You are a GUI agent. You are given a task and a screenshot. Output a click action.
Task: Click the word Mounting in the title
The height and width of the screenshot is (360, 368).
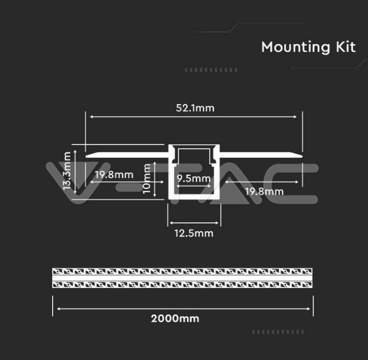click(295, 48)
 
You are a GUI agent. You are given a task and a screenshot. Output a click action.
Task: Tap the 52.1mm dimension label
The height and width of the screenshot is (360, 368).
click(195, 108)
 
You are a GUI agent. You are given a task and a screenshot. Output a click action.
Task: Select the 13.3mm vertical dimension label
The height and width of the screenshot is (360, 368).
click(67, 171)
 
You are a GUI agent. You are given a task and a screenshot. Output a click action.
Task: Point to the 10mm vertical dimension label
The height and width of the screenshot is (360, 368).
click(146, 178)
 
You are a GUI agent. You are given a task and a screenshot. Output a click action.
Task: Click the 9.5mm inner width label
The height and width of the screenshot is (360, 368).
click(193, 178)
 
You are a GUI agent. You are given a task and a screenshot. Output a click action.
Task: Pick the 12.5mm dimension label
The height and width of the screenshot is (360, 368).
click(194, 234)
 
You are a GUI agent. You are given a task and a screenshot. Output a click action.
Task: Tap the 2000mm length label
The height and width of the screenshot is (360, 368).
click(175, 319)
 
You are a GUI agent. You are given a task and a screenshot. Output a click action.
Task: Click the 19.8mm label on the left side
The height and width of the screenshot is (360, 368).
click(114, 175)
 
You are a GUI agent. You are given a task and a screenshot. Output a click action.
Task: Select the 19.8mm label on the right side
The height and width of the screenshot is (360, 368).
click(264, 192)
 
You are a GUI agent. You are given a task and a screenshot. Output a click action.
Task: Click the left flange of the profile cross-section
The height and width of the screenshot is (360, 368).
click(126, 155)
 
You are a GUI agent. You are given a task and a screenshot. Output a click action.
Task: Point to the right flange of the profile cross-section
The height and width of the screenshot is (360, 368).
click(261, 155)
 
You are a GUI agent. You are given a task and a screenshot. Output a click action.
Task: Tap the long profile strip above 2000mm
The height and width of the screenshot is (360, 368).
click(182, 278)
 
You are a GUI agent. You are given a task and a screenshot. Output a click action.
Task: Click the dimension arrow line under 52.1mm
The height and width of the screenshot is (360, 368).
click(193, 116)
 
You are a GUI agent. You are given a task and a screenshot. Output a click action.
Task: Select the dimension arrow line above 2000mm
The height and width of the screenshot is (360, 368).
click(183, 309)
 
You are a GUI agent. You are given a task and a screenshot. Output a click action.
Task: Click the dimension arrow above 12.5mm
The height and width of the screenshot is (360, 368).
click(194, 223)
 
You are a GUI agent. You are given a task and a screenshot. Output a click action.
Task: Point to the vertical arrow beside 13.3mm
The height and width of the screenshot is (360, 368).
click(75, 172)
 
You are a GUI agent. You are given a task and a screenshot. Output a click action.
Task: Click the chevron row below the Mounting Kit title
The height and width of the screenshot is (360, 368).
click(211, 70)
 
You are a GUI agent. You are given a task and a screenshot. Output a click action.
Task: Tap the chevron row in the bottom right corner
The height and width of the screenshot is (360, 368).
click(278, 332)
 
